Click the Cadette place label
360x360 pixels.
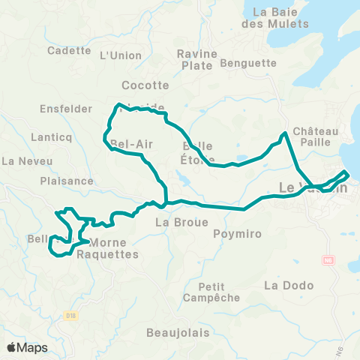click(68, 51)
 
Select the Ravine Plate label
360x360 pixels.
click(197, 58)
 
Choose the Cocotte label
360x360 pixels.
click(145, 85)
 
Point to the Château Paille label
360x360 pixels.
click(316, 136)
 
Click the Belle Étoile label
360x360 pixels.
click(197, 152)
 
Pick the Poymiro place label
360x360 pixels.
click(237, 234)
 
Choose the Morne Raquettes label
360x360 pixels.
click(114, 248)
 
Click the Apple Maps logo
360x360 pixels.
click(27, 347)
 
